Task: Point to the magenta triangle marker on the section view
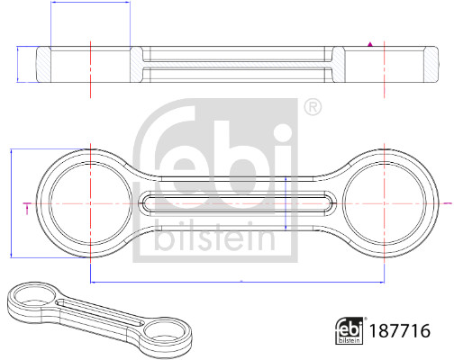pos(370,42)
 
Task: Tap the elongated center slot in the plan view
pos(239,205)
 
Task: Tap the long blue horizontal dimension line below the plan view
pos(239,283)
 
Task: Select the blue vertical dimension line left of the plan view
pos(9,205)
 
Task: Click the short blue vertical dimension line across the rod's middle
pos(286,205)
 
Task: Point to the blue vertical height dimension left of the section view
pos(20,65)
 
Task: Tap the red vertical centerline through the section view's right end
pos(385,65)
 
